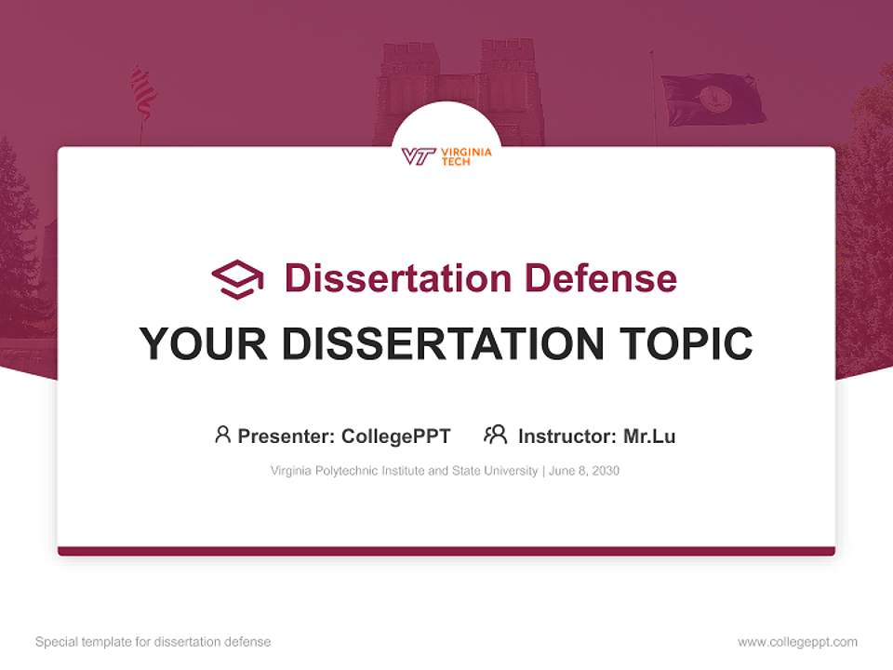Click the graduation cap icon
[x=237, y=279]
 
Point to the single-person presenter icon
[x=222, y=435]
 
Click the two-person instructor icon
[x=495, y=435]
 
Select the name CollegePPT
[x=395, y=435]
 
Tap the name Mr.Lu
[x=649, y=435]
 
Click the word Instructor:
[x=566, y=435]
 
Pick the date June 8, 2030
[x=584, y=471]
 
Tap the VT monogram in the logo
[x=419, y=156]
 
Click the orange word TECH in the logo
[x=456, y=162]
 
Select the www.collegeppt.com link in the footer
[x=797, y=642]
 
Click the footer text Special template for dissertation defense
[x=153, y=642]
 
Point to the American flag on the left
[x=143, y=92]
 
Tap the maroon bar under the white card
[x=446, y=551]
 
